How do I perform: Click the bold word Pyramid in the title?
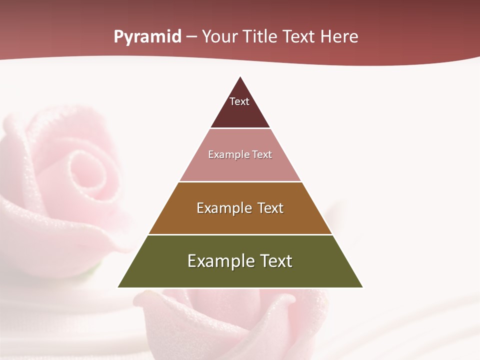click(147, 37)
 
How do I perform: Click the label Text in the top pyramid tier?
click(239, 101)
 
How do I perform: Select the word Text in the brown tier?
click(270, 208)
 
